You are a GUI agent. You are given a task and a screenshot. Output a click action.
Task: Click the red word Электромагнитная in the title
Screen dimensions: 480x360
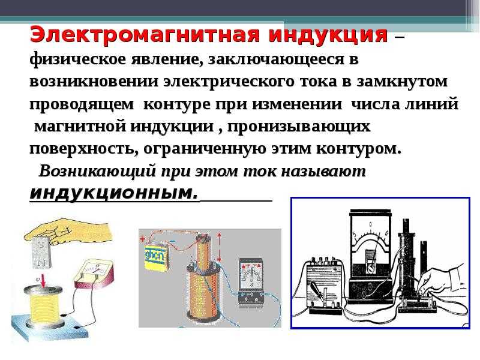coord(145,34)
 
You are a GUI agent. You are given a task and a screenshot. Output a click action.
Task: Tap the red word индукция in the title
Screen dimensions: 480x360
coord(328,35)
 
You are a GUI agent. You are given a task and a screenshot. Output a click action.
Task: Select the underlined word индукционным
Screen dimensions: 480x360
coord(113,193)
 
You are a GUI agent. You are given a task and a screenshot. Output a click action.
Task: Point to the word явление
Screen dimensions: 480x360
coord(167,59)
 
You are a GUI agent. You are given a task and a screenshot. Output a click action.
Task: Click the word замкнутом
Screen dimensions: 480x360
coord(402,82)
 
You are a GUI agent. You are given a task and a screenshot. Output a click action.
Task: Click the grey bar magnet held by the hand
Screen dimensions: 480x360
coord(41,252)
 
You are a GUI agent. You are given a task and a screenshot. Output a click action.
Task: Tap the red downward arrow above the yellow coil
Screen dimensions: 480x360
coord(43,281)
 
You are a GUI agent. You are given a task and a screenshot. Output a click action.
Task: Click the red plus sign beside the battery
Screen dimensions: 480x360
coord(142,239)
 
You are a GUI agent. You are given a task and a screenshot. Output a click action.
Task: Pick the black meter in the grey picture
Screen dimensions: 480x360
coord(251,282)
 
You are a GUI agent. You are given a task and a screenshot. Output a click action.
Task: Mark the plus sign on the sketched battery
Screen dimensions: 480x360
coord(335,269)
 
